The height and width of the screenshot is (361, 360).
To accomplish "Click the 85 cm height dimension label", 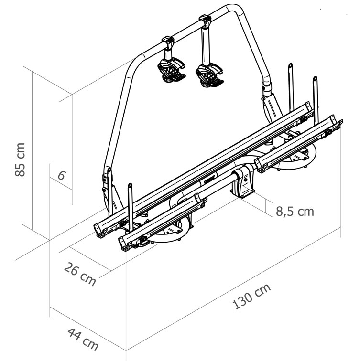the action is tap(20, 160).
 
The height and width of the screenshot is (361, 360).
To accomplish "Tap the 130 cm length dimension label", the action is tap(251, 296).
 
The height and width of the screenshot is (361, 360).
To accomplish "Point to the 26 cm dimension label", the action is tap(80, 274).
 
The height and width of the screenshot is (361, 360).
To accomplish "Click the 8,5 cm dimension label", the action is tap(295, 212).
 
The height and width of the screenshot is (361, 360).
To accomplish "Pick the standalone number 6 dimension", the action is tap(62, 175).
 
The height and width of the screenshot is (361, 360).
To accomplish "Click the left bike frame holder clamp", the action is tap(171, 71).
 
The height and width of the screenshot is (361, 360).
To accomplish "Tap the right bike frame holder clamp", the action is tap(209, 75).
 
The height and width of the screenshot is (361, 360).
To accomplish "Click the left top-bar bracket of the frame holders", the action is tap(167, 42).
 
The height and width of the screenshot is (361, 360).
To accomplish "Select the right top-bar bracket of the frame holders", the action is tap(205, 21).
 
